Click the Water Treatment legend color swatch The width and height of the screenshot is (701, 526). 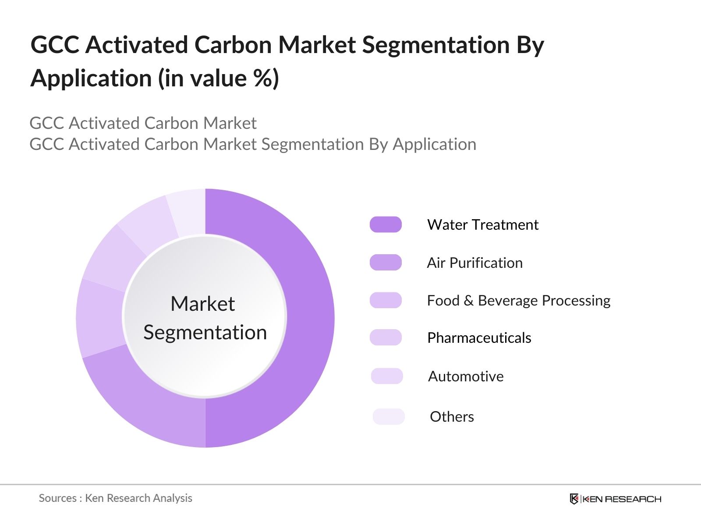pos(386,224)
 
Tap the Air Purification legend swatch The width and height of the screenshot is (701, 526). pos(386,263)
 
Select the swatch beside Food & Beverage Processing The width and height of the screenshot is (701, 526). pos(386,300)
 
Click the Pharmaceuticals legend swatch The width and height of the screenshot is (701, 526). pos(386,338)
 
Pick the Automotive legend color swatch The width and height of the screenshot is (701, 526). pos(387,376)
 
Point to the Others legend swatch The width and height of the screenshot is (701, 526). pos(389,416)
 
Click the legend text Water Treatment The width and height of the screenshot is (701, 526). pos(482,224)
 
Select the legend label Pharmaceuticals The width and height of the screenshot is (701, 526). pos(479,338)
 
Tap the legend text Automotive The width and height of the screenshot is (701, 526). pos(466,376)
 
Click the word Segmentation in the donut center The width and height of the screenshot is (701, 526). pos(205,332)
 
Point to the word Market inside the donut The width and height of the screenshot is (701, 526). pos(202,303)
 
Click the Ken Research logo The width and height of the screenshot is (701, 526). pos(615,499)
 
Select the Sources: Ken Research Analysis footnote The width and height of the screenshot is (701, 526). pos(115,498)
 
